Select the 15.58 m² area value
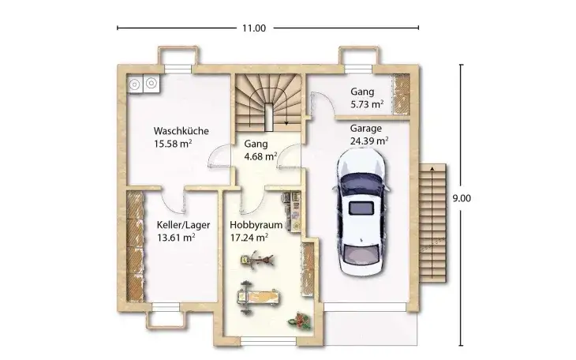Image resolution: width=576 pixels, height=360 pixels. (x=174, y=144)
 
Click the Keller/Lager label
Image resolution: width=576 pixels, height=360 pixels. (x=176, y=223)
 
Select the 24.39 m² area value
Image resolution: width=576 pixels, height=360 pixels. (x=368, y=141)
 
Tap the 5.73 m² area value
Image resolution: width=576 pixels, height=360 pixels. (x=367, y=103)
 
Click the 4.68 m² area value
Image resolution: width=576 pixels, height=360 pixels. (x=260, y=156)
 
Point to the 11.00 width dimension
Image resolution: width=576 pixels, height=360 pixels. (x=253, y=28)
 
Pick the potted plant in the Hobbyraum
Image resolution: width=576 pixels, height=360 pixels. (x=301, y=320)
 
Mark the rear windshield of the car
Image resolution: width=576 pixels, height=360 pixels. (x=363, y=208)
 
